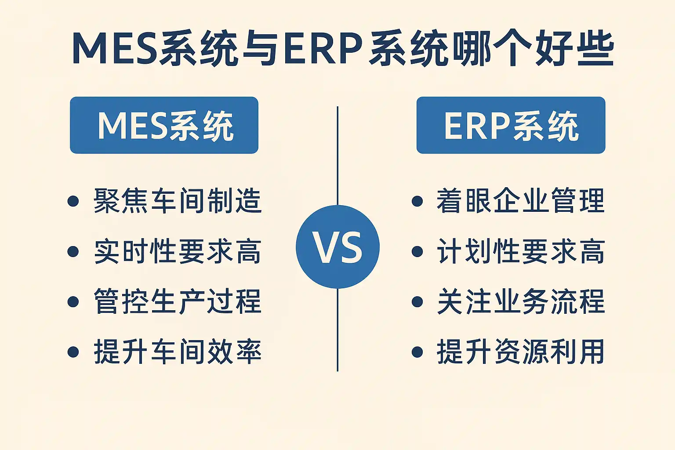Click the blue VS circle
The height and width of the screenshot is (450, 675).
pos(337,247)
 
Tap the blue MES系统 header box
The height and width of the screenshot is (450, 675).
pos(164,125)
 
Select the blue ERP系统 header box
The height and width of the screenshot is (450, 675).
pos(511,125)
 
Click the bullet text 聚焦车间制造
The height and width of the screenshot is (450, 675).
pos(178,201)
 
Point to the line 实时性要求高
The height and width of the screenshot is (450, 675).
pos(178,251)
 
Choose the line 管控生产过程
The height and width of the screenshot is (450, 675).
pos(178,301)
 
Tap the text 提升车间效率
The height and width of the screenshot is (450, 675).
pos(178,352)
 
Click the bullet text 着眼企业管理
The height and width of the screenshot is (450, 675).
pos(521,201)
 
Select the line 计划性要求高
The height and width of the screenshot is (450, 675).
pos(521,251)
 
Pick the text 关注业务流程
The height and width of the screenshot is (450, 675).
pos(521,301)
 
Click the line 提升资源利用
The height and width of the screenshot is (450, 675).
pos(521,352)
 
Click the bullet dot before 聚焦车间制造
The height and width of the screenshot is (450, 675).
pos(73,201)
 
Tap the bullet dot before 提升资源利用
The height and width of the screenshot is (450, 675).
pos(417,352)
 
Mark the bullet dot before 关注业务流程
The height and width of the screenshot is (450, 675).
pos(417,302)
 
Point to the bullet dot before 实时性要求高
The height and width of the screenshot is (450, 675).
pos(73,251)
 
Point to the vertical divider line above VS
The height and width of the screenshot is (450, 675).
pos(337,156)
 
